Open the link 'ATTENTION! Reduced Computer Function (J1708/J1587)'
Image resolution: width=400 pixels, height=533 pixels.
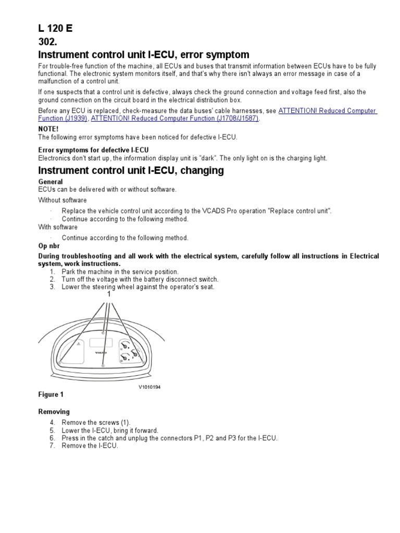tap(175, 119)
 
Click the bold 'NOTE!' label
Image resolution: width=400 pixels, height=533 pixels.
tap(48, 129)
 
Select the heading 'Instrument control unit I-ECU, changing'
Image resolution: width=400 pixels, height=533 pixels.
tap(131, 171)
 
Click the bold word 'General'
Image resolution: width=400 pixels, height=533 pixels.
tap(51, 182)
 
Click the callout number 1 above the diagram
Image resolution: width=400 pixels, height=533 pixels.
tap(109, 294)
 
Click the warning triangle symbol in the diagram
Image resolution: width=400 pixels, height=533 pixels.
tap(78, 345)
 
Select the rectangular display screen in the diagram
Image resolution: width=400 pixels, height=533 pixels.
tap(102, 342)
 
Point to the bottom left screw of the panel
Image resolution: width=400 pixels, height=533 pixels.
tap(61, 362)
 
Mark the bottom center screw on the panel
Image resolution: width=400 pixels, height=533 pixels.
tap(103, 366)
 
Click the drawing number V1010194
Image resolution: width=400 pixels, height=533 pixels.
tap(149, 387)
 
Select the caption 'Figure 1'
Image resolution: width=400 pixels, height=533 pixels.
tap(51, 395)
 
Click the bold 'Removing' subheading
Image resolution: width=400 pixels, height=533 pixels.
tap(54, 411)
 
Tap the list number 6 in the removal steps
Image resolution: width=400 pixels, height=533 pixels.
tap(52, 438)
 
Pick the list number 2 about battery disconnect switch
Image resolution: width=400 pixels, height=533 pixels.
tap(52, 280)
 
